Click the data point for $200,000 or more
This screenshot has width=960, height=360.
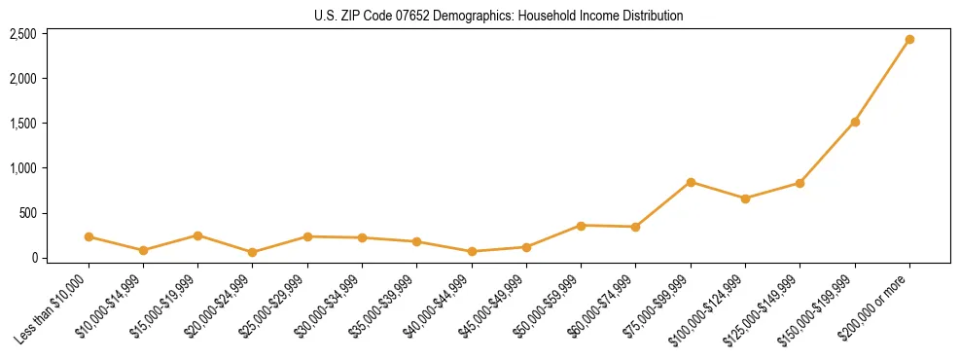click(x=909, y=40)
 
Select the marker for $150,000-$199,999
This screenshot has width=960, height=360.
click(x=855, y=123)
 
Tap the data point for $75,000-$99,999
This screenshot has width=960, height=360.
click(x=691, y=182)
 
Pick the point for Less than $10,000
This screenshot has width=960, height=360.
click(x=89, y=236)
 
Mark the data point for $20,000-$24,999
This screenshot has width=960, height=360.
click(x=253, y=252)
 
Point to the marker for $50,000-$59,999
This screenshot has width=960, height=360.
click(x=581, y=226)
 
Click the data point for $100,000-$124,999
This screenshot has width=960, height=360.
click(x=745, y=198)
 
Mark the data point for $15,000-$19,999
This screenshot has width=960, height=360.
click(x=197, y=235)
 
